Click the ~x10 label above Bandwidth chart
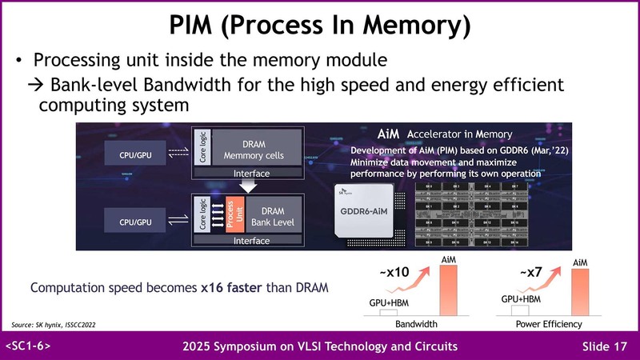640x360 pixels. (394, 272)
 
